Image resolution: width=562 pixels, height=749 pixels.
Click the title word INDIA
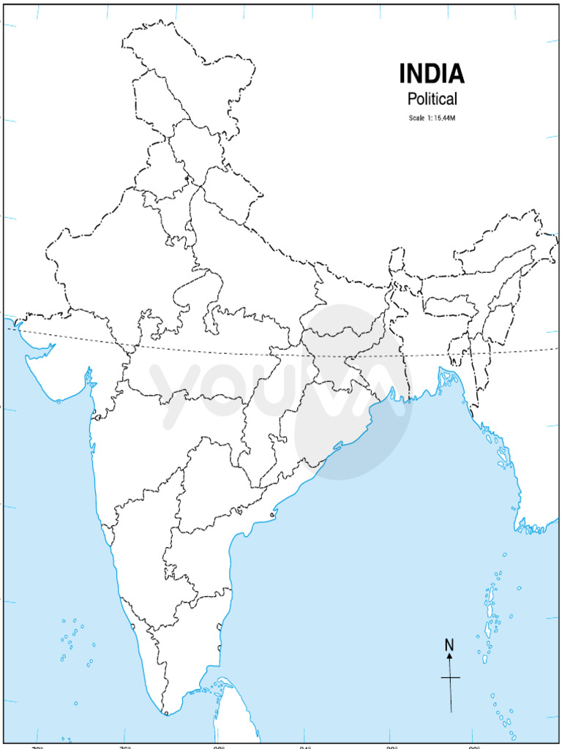432,74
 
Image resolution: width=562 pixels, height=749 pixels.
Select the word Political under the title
432,99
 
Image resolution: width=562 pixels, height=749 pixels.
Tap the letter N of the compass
449,644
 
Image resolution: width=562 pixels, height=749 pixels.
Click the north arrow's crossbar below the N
450,678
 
